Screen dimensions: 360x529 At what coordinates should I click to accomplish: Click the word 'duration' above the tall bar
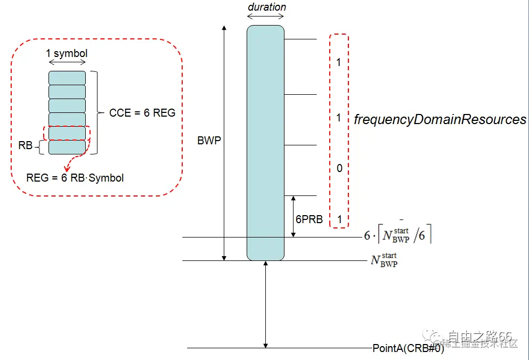(x=267, y=7)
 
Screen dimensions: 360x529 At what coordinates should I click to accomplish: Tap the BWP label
(x=209, y=141)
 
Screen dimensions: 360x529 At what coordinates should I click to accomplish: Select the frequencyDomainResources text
(x=440, y=120)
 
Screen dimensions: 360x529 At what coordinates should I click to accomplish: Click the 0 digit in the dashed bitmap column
(x=339, y=169)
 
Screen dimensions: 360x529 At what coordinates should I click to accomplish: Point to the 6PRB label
(x=309, y=219)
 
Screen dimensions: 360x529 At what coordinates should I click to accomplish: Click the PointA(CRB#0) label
(x=408, y=348)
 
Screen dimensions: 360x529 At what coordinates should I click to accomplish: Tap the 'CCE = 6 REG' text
(x=142, y=113)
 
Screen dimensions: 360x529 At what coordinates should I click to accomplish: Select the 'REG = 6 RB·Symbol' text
(x=75, y=178)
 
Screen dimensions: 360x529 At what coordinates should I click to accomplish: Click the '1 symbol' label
(x=67, y=53)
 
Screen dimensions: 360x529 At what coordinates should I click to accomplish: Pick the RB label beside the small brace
(x=26, y=145)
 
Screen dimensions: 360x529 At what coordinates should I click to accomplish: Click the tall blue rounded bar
(x=265, y=143)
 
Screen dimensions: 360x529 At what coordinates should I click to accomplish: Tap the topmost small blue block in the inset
(x=67, y=78)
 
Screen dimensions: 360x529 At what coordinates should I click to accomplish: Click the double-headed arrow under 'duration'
(x=265, y=17)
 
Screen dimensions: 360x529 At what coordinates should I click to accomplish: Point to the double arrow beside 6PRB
(x=293, y=216)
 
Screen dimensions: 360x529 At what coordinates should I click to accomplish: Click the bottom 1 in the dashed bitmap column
(x=339, y=219)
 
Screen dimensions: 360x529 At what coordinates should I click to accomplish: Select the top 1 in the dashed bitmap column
(x=339, y=63)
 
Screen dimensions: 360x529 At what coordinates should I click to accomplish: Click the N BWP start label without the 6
(x=384, y=260)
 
